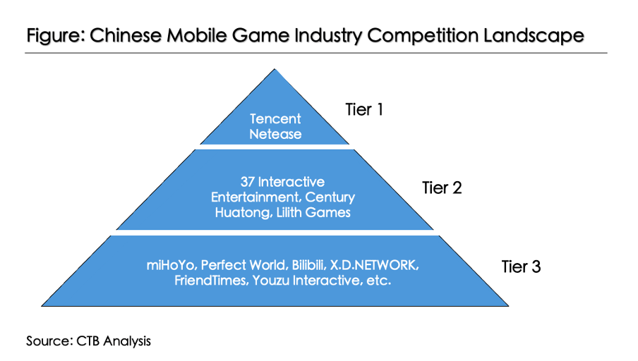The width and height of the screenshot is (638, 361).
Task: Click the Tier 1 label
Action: (364, 110)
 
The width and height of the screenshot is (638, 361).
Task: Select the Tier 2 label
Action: (442, 188)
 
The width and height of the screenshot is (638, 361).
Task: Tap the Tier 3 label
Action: (521, 267)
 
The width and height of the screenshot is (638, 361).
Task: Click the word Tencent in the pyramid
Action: (275, 118)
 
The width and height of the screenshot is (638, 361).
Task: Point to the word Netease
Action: (275, 134)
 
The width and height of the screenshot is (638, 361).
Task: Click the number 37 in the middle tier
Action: (248, 182)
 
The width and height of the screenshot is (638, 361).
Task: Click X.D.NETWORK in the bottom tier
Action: (374, 265)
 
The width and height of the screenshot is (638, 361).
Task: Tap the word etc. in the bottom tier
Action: (379, 281)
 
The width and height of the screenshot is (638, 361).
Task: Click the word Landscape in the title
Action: (534, 35)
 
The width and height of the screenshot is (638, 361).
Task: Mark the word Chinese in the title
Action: (126, 35)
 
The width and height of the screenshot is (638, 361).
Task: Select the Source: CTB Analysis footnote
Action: (88, 341)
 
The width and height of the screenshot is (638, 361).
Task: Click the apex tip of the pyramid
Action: (275, 68)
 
